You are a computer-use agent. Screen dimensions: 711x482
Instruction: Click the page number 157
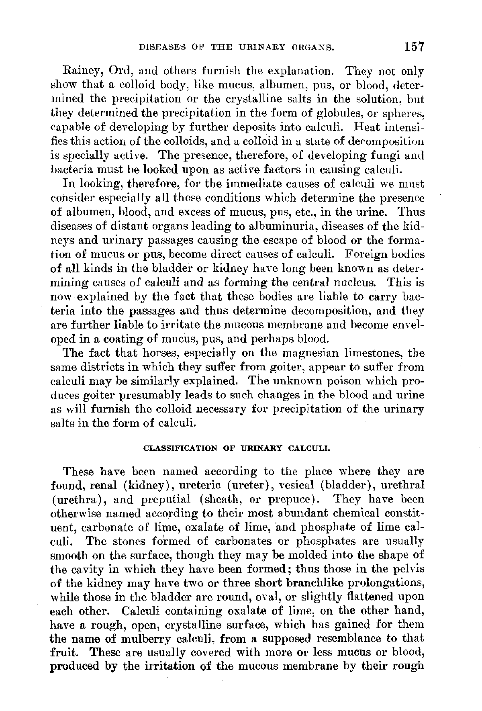click(414, 47)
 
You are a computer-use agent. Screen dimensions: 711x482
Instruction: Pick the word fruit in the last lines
click(65, 652)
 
